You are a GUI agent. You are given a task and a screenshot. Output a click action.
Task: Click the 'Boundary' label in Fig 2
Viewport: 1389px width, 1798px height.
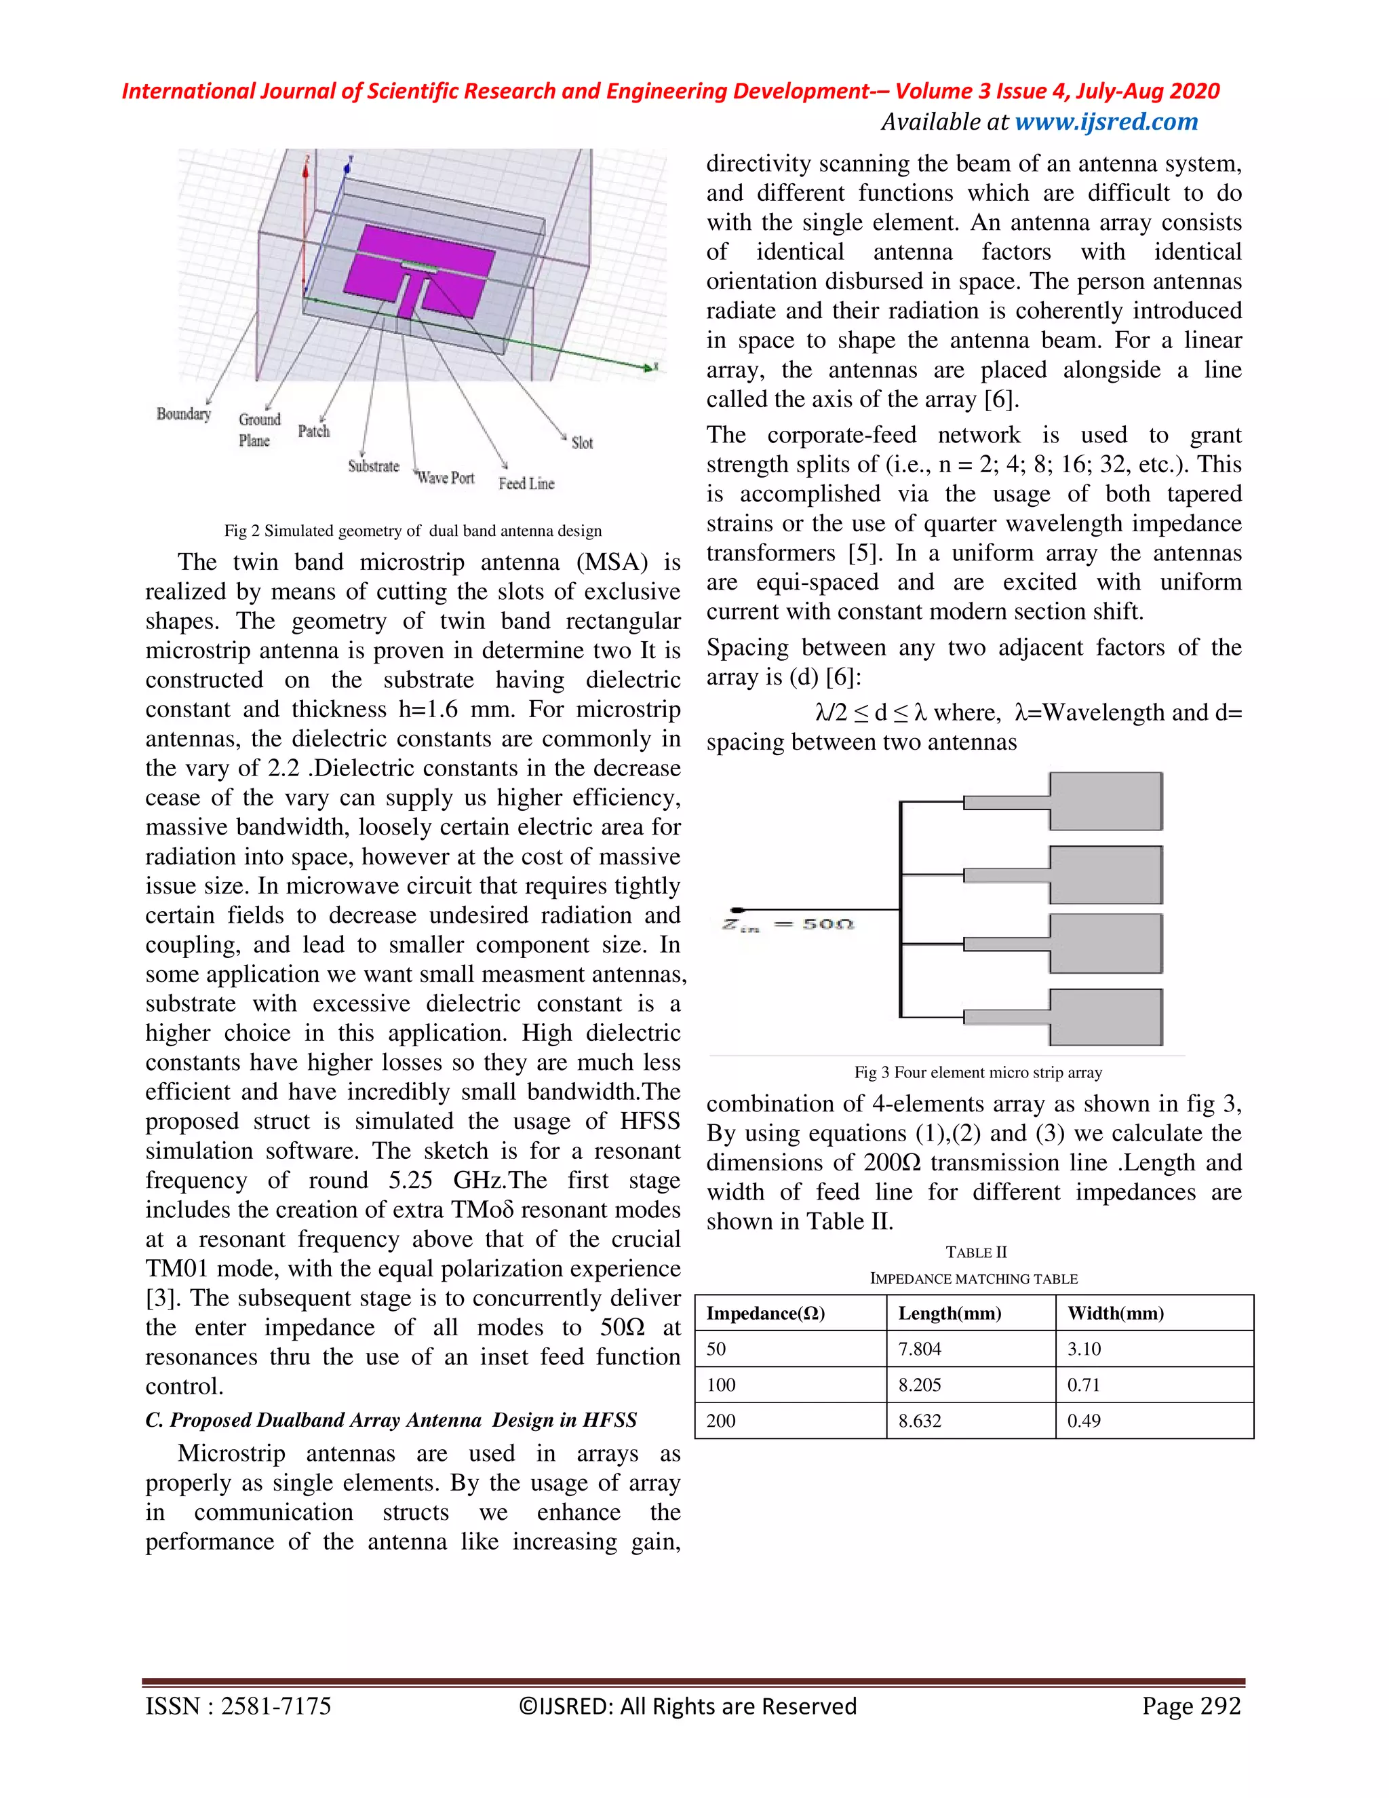184,413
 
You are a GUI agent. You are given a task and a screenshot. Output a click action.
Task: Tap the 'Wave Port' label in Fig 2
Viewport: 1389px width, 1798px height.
445,478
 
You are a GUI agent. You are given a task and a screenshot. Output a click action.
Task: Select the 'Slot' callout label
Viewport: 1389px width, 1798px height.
582,443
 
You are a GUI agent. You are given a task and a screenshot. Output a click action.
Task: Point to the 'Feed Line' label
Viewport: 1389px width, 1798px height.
526,483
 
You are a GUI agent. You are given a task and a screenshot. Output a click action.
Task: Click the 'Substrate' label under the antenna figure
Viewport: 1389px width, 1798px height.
374,466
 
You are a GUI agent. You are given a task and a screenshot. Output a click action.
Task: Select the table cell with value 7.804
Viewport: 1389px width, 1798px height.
919,1349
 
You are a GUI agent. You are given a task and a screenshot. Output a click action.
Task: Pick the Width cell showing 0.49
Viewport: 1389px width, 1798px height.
1084,1420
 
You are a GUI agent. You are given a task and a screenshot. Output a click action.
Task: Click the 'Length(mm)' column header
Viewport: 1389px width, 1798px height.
950,1313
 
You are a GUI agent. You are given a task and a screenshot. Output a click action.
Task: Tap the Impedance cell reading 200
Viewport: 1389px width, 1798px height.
721,1420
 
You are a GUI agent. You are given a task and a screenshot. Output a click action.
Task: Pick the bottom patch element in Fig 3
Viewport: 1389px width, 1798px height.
1106,1017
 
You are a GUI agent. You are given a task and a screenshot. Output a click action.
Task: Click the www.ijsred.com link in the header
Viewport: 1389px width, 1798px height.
1106,122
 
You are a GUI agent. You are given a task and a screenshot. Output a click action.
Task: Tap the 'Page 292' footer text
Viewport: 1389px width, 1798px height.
1191,1706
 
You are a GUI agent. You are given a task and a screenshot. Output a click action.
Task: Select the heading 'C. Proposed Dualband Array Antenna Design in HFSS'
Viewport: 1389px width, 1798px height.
391,1420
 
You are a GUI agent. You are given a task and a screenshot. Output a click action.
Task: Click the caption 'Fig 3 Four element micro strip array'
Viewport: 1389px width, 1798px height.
977,1072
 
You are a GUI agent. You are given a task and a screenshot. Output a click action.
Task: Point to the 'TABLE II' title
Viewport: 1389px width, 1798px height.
976,1252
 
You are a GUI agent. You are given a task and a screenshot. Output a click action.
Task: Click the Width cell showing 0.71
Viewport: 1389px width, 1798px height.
1084,1385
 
